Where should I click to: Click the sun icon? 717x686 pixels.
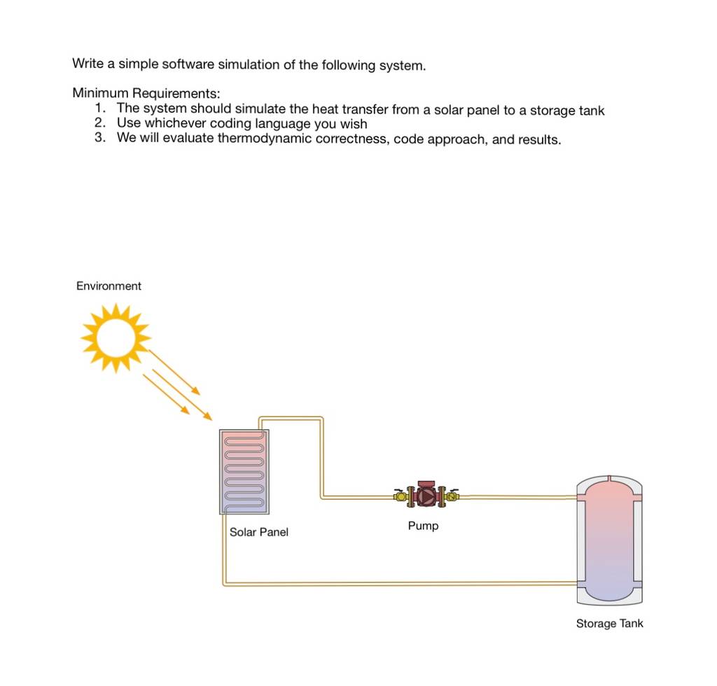click(x=116, y=337)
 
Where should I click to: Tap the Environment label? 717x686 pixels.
click(x=109, y=286)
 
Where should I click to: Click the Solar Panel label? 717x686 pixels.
click(x=259, y=532)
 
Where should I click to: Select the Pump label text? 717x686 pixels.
click(x=423, y=526)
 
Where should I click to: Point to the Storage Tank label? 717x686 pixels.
click(x=610, y=624)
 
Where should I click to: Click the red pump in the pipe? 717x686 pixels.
click(x=426, y=495)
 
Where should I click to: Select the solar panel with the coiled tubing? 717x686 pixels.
click(x=244, y=472)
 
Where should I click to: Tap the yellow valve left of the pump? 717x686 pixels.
click(x=401, y=496)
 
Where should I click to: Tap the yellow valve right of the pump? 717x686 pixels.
click(x=452, y=496)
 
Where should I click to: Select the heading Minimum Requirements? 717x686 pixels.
click(x=146, y=93)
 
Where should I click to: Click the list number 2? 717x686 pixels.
click(x=100, y=123)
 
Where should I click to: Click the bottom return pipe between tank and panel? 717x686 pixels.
click(x=398, y=584)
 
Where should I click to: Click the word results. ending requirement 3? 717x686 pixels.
click(x=539, y=139)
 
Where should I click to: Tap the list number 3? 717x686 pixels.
click(x=100, y=138)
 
